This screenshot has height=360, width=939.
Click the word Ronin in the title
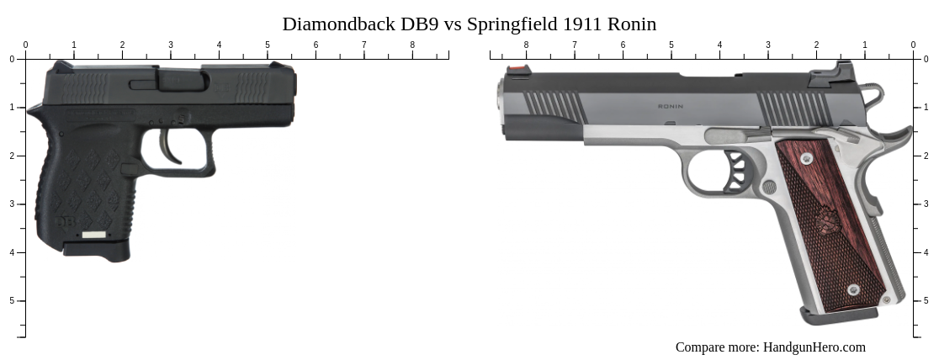[x=631, y=24]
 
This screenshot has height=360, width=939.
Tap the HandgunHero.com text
[x=814, y=347]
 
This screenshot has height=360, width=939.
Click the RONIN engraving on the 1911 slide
[x=671, y=107]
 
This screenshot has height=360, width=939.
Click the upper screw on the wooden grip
[x=806, y=158]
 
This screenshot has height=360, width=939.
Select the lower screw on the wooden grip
[x=853, y=289]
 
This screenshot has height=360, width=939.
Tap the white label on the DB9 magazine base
[x=94, y=235]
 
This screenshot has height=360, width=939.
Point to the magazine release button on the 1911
[x=769, y=186]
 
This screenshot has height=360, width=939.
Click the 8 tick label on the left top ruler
[x=412, y=45]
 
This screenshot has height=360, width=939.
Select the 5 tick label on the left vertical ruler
[x=11, y=300]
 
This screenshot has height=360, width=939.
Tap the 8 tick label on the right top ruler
[x=527, y=45]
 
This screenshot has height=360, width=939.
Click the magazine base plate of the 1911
[x=838, y=315]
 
